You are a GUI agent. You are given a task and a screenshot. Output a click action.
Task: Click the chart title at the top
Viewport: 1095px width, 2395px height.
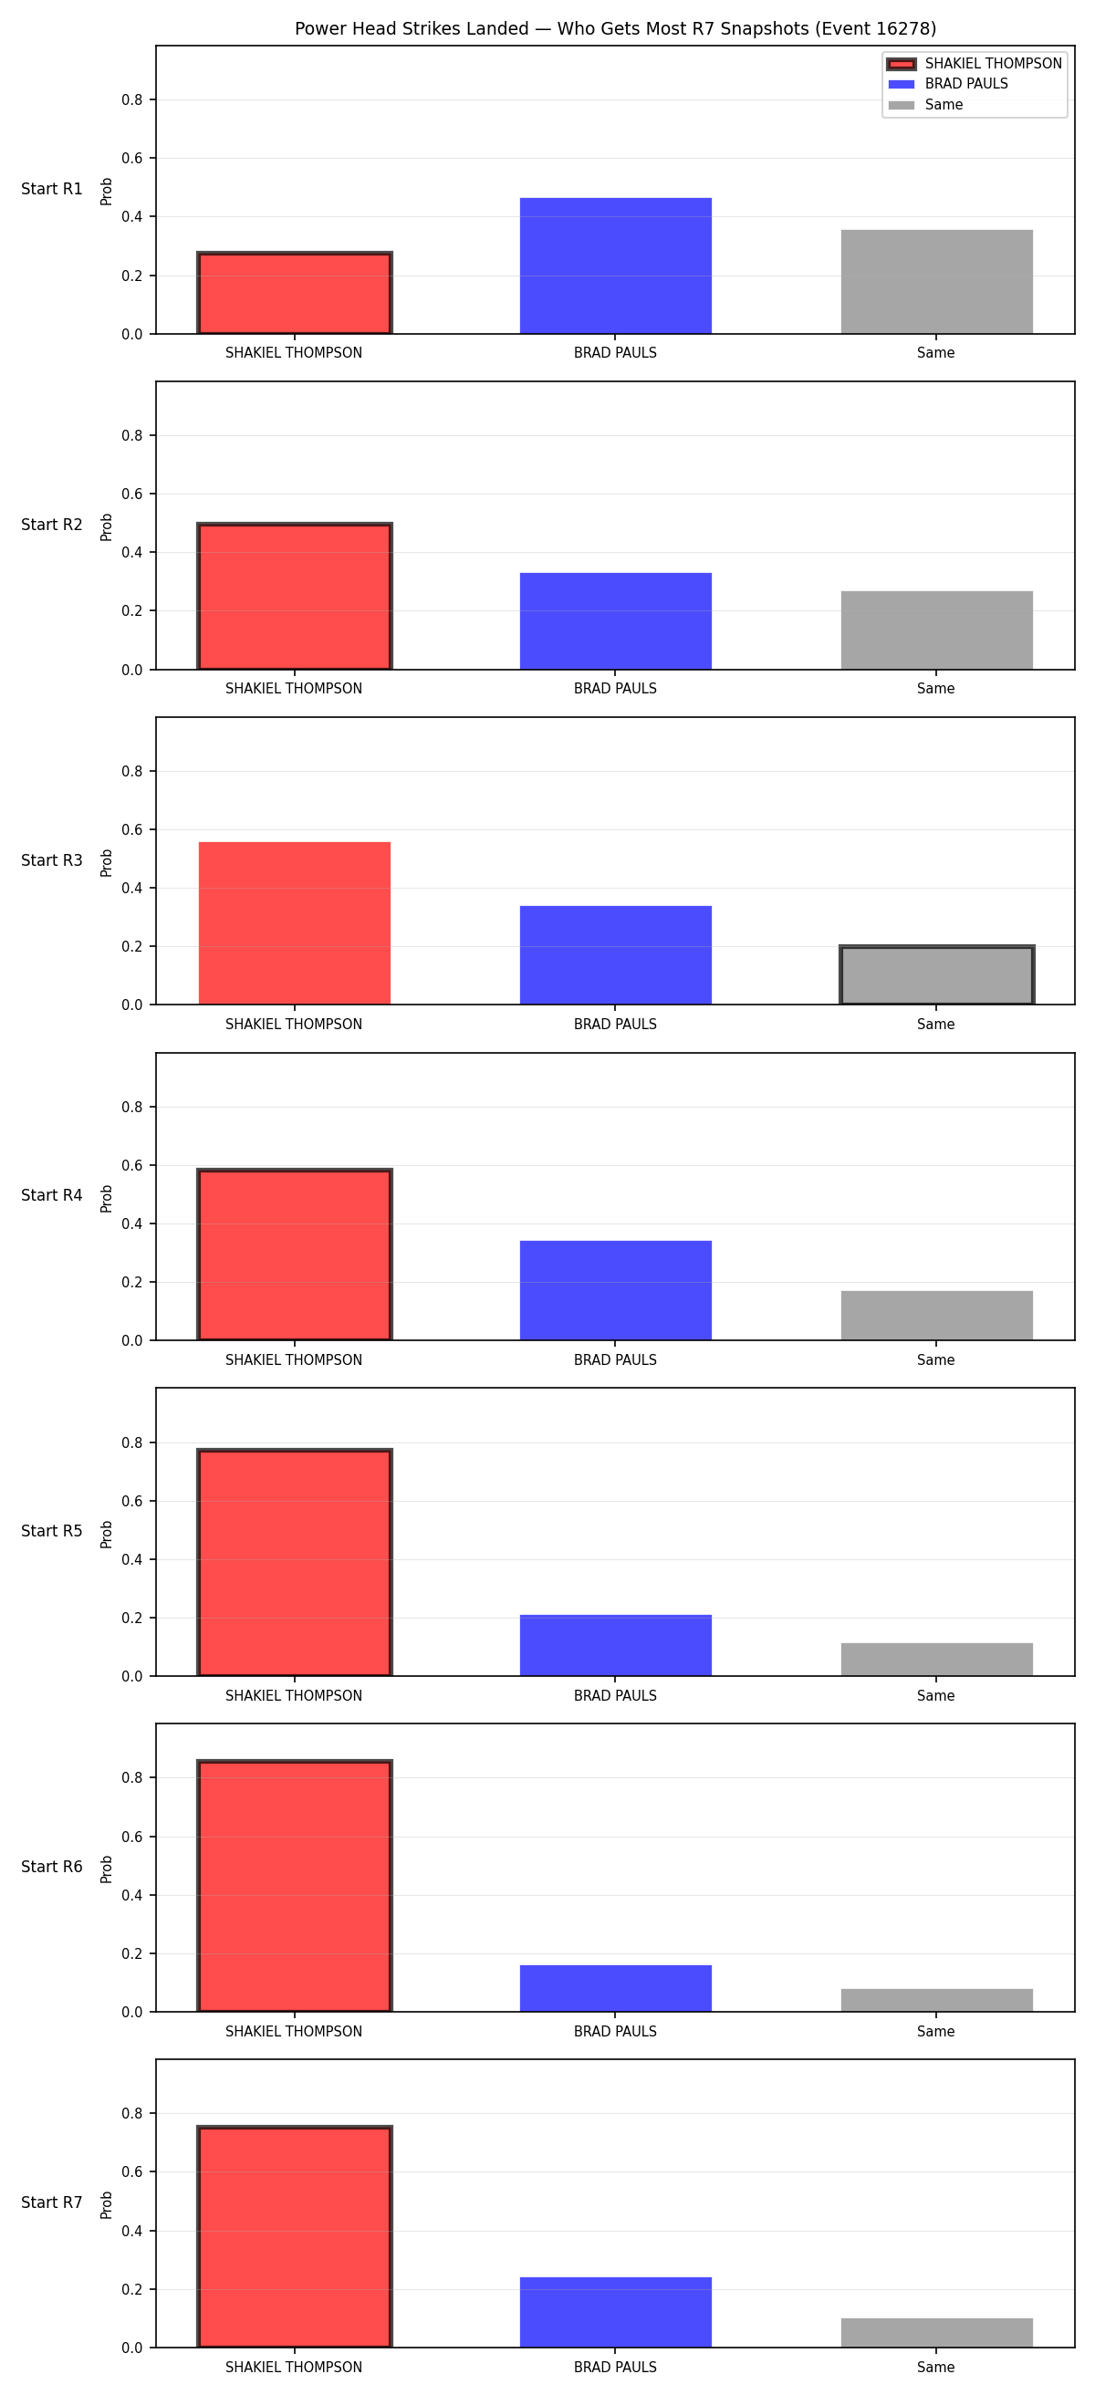click(x=615, y=29)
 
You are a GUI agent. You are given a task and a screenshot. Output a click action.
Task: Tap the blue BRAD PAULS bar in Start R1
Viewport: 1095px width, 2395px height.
click(x=615, y=266)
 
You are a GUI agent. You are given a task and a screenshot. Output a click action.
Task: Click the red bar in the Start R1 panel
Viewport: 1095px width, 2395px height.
click(x=295, y=293)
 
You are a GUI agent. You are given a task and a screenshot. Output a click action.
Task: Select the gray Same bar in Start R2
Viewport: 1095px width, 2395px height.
click(x=937, y=630)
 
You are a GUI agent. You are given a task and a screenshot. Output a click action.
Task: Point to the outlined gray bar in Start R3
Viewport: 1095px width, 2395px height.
click(x=937, y=975)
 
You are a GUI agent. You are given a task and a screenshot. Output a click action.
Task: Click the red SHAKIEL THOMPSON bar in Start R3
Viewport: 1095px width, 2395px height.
click(x=295, y=923)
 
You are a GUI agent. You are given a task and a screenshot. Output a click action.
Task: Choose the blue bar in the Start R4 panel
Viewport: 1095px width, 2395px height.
click(x=615, y=1290)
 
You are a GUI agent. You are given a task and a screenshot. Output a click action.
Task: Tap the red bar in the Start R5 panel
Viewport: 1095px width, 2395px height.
click(x=295, y=1563)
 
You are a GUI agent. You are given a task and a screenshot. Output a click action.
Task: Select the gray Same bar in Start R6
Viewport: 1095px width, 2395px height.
click(x=937, y=2001)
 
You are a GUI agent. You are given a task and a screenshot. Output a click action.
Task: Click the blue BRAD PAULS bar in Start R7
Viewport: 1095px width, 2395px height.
click(x=615, y=2312)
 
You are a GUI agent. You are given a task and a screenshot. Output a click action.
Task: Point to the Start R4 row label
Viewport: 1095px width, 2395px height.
click(x=52, y=1195)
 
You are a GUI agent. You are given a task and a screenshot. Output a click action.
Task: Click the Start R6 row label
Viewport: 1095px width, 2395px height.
click(x=52, y=1867)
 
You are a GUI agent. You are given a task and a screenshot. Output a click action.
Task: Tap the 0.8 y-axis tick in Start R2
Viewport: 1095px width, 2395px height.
click(x=132, y=435)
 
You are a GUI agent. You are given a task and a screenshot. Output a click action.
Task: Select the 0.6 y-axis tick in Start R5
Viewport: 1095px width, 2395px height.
click(x=132, y=1502)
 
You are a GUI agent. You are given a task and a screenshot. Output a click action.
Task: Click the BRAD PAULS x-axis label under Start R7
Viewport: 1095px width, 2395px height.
click(x=615, y=2367)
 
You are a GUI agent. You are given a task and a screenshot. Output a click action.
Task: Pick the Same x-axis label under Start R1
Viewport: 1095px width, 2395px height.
click(x=936, y=353)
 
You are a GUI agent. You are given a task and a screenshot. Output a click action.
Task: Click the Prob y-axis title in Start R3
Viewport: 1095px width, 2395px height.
click(x=107, y=863)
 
